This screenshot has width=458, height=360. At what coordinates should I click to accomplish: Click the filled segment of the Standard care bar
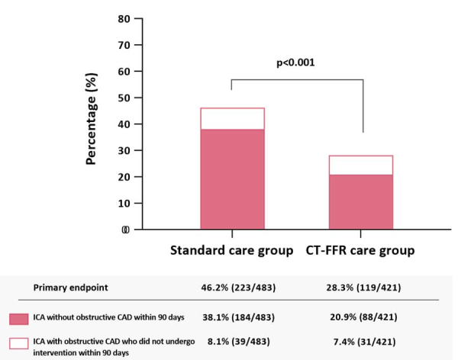click(232, 178)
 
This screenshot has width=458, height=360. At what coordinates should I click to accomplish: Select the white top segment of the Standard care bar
click(232, 118)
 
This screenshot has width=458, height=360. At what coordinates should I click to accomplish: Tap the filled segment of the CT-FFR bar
click(360, 201)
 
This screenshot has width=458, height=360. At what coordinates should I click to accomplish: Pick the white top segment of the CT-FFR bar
click(360, 165)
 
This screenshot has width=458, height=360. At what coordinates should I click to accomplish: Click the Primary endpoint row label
click(69, 288)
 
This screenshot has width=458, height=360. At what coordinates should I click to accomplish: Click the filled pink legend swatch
click(19, 318)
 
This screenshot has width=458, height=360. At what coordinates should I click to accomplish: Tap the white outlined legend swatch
click(19, 344)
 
